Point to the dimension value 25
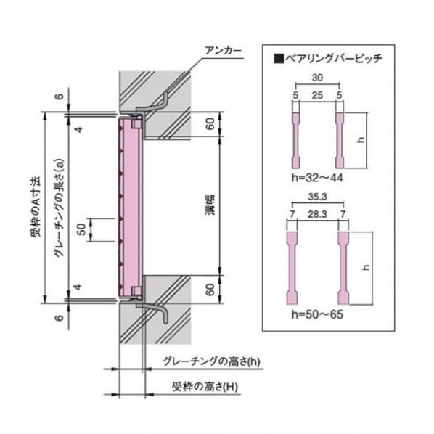(x=317, y=95)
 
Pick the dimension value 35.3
(x=316, y=197)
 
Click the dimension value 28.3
(x=316, y=215)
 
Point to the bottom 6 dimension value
(x=58, y=317)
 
